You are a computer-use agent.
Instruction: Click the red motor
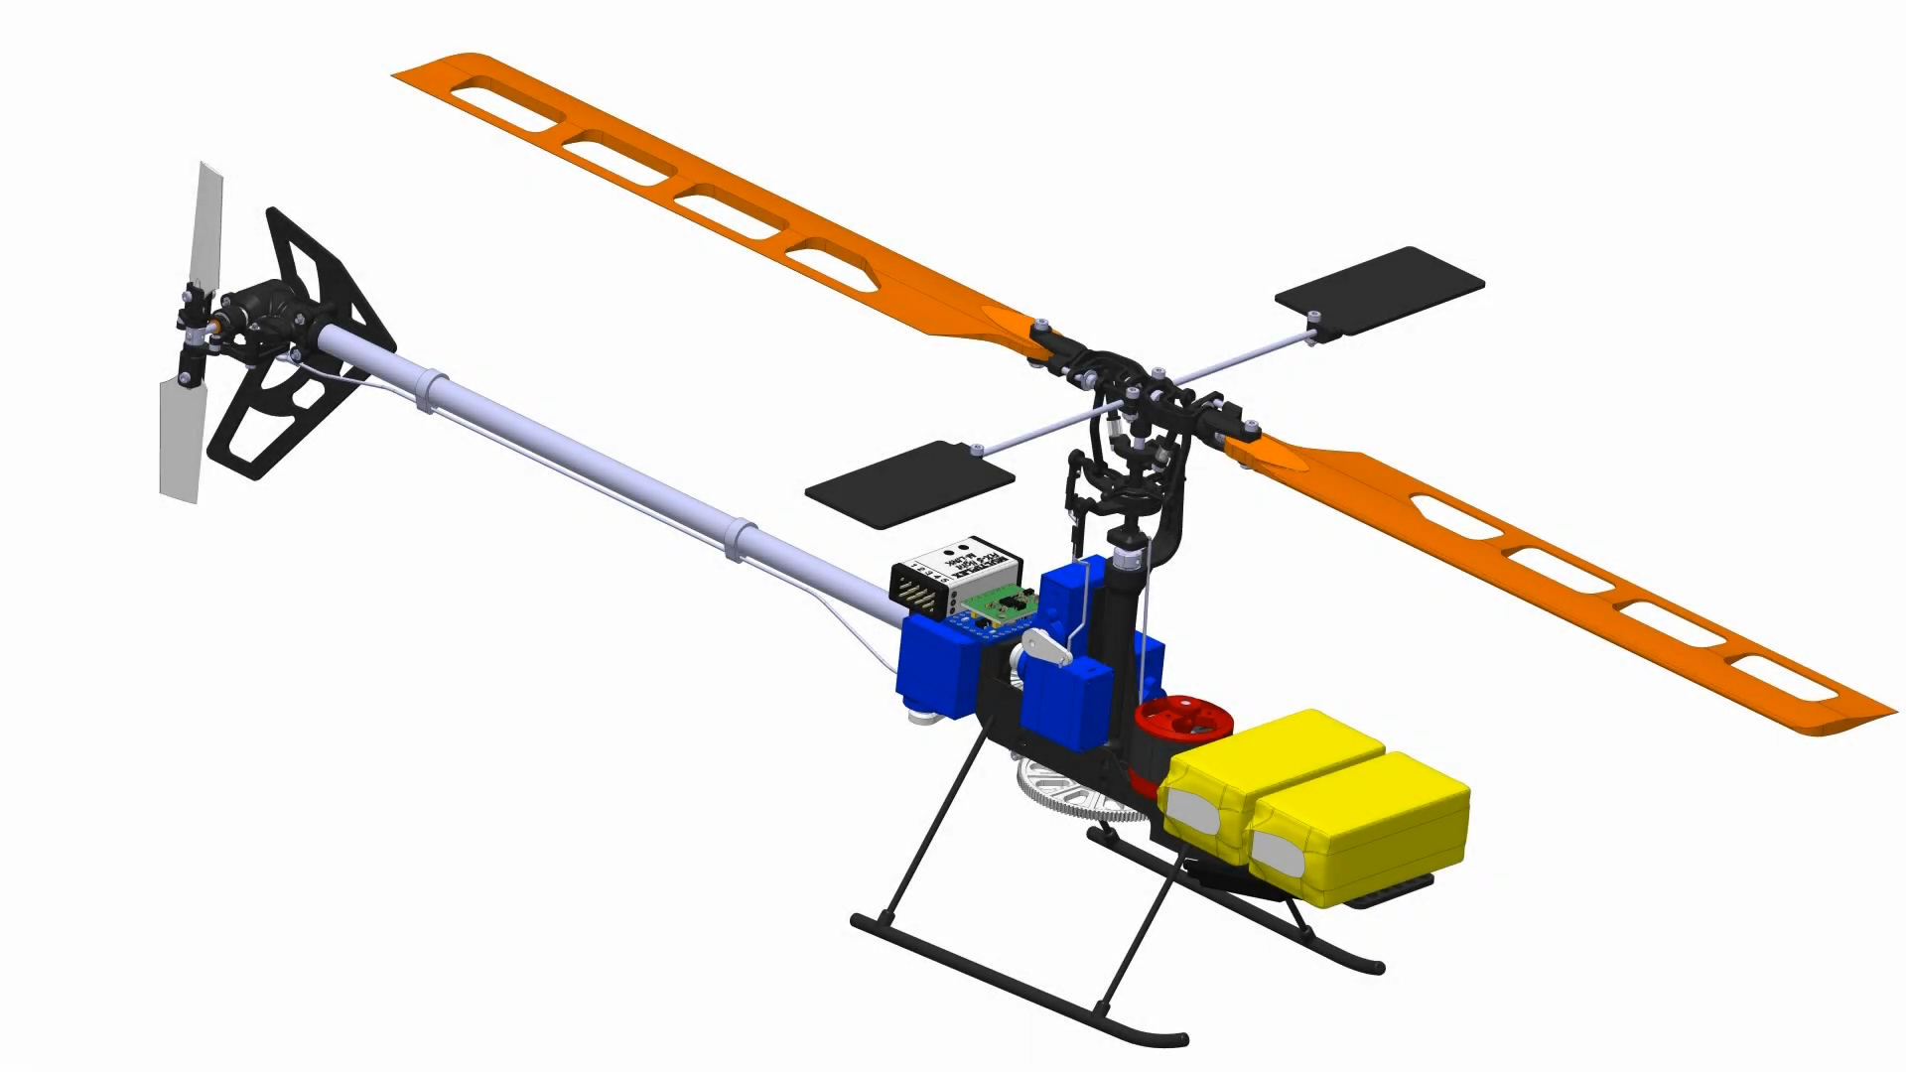[x=1181, y=720]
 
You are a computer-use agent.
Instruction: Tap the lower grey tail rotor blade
[x=181, y=442]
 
